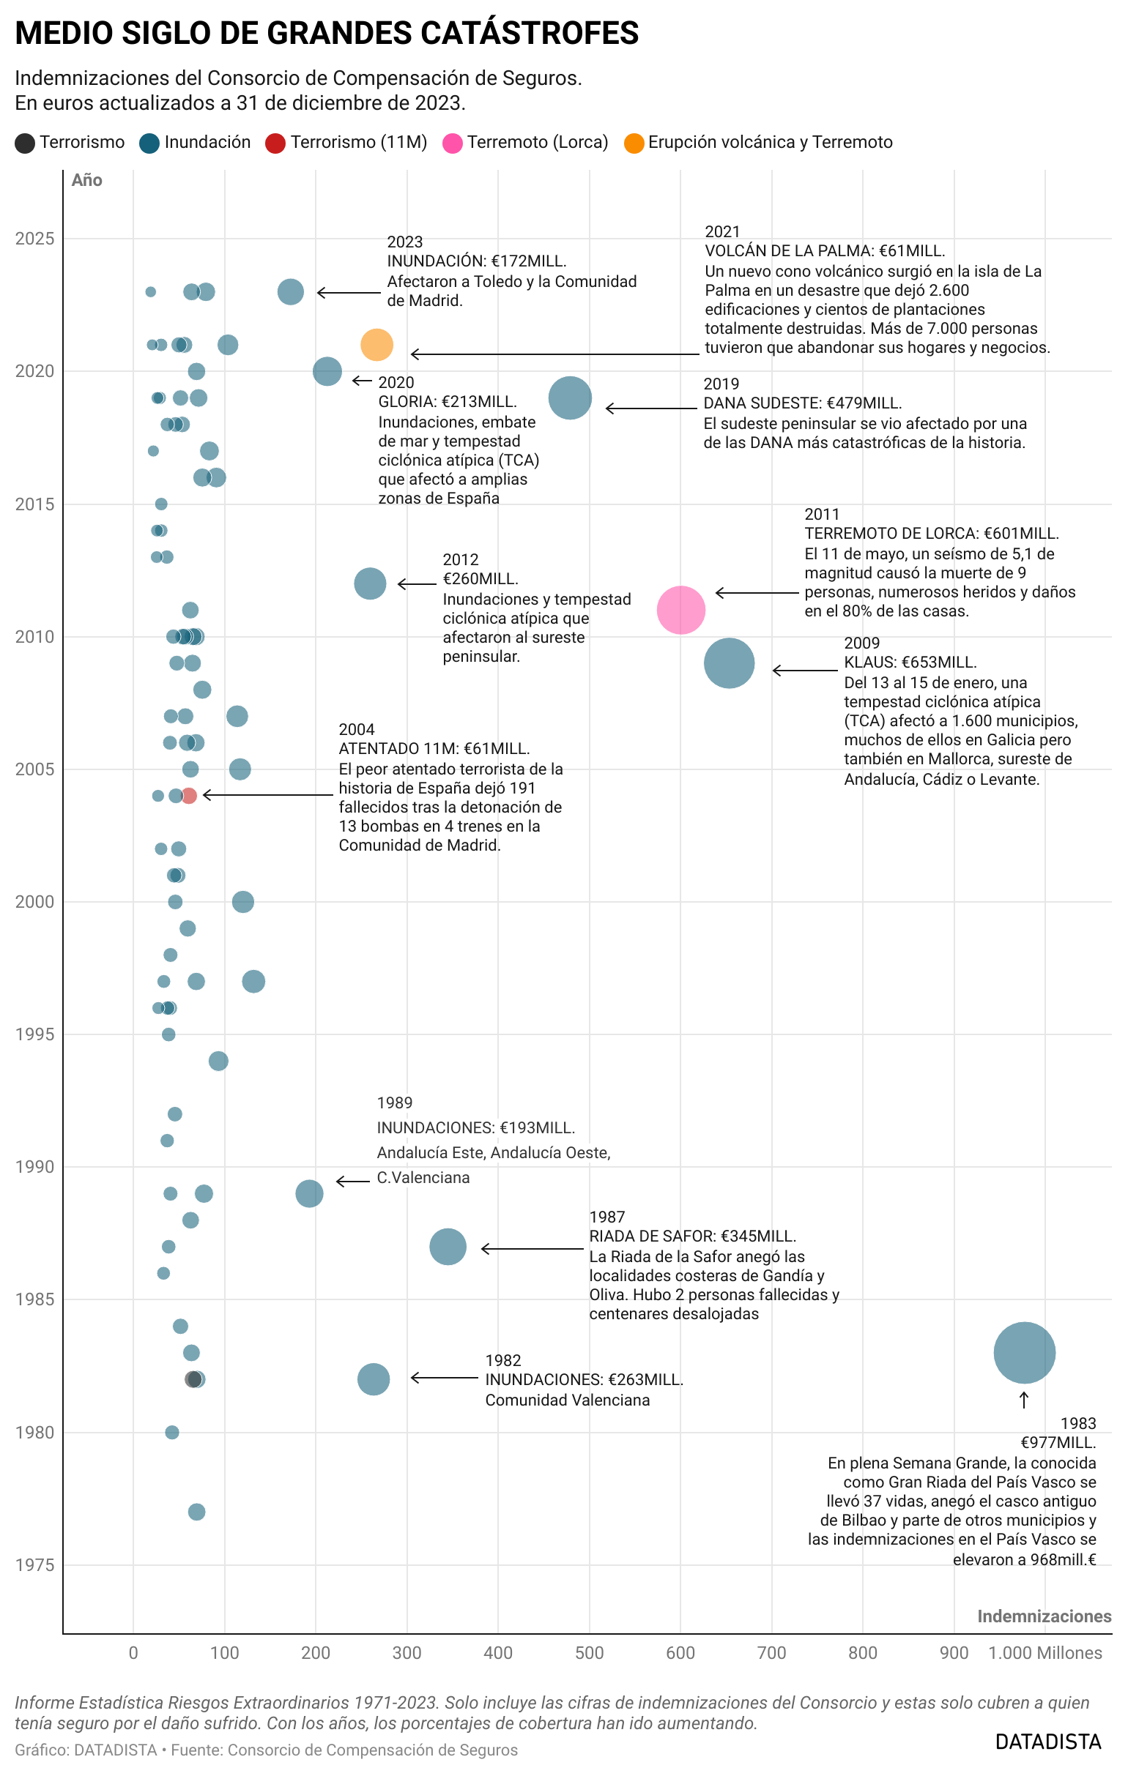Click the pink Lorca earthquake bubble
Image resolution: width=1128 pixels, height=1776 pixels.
(x=680, y=610)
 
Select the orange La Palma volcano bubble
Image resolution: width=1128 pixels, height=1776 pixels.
(x=376, y=344)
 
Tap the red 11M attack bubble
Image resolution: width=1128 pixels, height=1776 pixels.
(x=189, y=795)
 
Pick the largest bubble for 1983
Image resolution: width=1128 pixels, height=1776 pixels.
(x=1024, y=1353)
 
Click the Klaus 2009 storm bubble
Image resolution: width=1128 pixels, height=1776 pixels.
(x=729, y=663)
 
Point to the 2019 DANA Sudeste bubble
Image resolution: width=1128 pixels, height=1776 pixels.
(x=570, y=398)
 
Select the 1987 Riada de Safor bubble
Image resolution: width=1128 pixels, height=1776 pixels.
(x=448, y=1247)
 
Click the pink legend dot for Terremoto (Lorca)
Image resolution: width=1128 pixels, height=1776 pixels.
(x=452, y=143)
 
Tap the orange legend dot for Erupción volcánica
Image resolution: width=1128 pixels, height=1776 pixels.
(x=634, y=143)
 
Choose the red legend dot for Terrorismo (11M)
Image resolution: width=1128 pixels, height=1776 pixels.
(x=275, y=143)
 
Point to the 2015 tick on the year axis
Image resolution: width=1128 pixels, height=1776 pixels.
(x=34, y=504)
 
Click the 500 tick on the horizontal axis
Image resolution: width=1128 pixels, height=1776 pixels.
(x=590, y=1653)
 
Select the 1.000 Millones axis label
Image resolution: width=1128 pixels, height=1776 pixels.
(x=1044, y=1653)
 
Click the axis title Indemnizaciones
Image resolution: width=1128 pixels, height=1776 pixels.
(x=1044, y=1616)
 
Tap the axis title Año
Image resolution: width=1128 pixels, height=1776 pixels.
(x=87, y=180)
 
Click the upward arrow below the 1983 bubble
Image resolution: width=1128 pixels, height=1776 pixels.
(x=1024, y=1399)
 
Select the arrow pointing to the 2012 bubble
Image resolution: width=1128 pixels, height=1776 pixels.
(x=417, y=584)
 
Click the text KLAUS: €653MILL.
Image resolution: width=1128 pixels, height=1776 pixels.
(x=910, y=662)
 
